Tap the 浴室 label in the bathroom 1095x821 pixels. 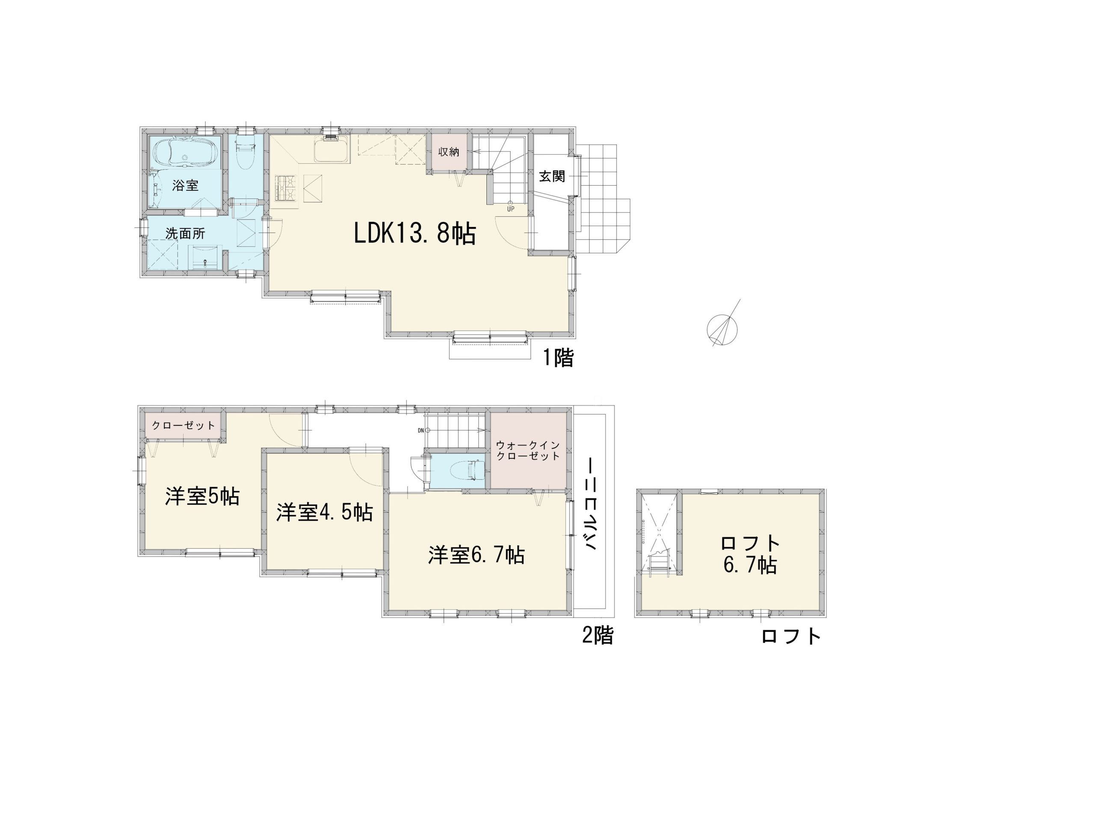(186, 186)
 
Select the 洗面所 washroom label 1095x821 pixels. (185, 233)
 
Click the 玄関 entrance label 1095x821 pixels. (552, 177)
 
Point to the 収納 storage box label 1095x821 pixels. (449, 152)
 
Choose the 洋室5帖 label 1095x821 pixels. (202, 496)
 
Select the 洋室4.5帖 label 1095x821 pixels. (325, 513)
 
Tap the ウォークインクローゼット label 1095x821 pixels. (528, 450)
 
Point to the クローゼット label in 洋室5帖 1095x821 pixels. (183, 425)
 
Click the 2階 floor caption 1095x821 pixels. (598, 635)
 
